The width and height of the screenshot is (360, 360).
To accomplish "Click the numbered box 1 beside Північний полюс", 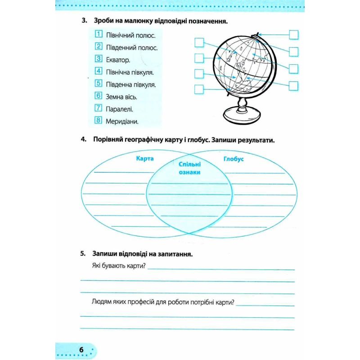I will coord(99,34).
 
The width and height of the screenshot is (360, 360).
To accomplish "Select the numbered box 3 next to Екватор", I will coord(99,59).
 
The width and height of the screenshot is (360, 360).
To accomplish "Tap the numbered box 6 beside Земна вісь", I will coord(99,96).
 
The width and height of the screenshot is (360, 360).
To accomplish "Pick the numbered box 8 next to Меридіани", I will coord(99,120).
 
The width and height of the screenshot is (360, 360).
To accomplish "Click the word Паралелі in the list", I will coord(119,109).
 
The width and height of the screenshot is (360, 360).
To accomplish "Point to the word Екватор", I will coord(118,60).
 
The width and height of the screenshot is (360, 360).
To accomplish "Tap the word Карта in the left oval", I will coord(144,158).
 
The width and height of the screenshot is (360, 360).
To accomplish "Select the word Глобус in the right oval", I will coord(233,159).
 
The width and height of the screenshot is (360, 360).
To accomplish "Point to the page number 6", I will coord(81,350).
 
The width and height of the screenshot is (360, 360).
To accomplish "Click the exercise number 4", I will coord(83,139).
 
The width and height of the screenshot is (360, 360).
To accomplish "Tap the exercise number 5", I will coord(83,254).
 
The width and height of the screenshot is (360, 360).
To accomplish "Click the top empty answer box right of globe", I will coord(294,34).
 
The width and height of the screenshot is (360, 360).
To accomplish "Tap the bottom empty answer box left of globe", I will coord(199,89).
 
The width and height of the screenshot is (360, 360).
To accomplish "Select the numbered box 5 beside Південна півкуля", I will coord(99,83).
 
